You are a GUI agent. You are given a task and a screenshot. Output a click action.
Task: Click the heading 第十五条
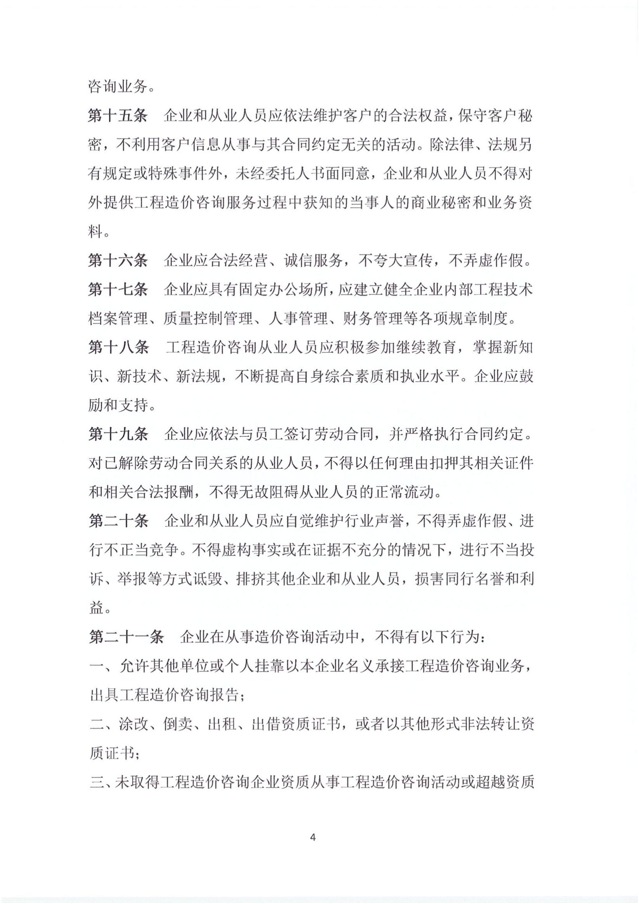click(118, 117)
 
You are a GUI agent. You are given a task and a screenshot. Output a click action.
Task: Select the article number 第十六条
click(118, 260)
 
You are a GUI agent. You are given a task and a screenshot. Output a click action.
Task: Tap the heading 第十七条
click(118, 290)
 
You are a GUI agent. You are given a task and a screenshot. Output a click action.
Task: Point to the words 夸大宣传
click(396, 260)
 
